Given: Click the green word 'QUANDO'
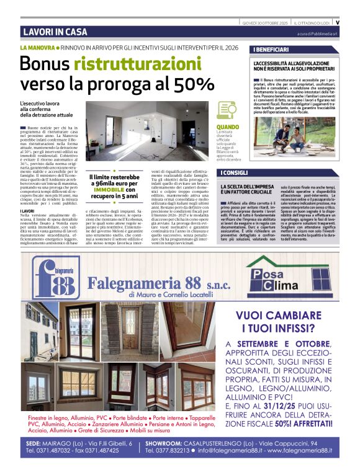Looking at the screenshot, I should (x=227, y=127).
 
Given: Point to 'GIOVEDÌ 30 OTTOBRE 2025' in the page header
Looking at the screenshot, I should (x=264, y=23).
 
